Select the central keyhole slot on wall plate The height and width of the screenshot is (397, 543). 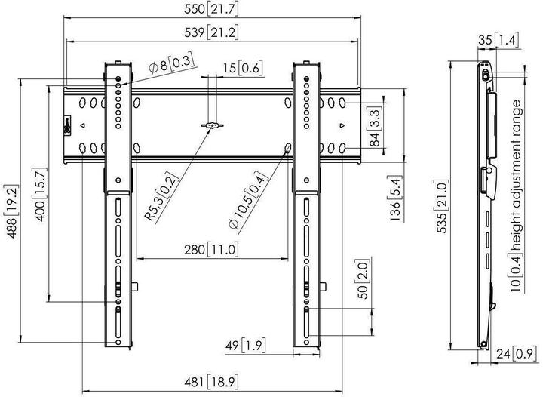click(x=213, y=125)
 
